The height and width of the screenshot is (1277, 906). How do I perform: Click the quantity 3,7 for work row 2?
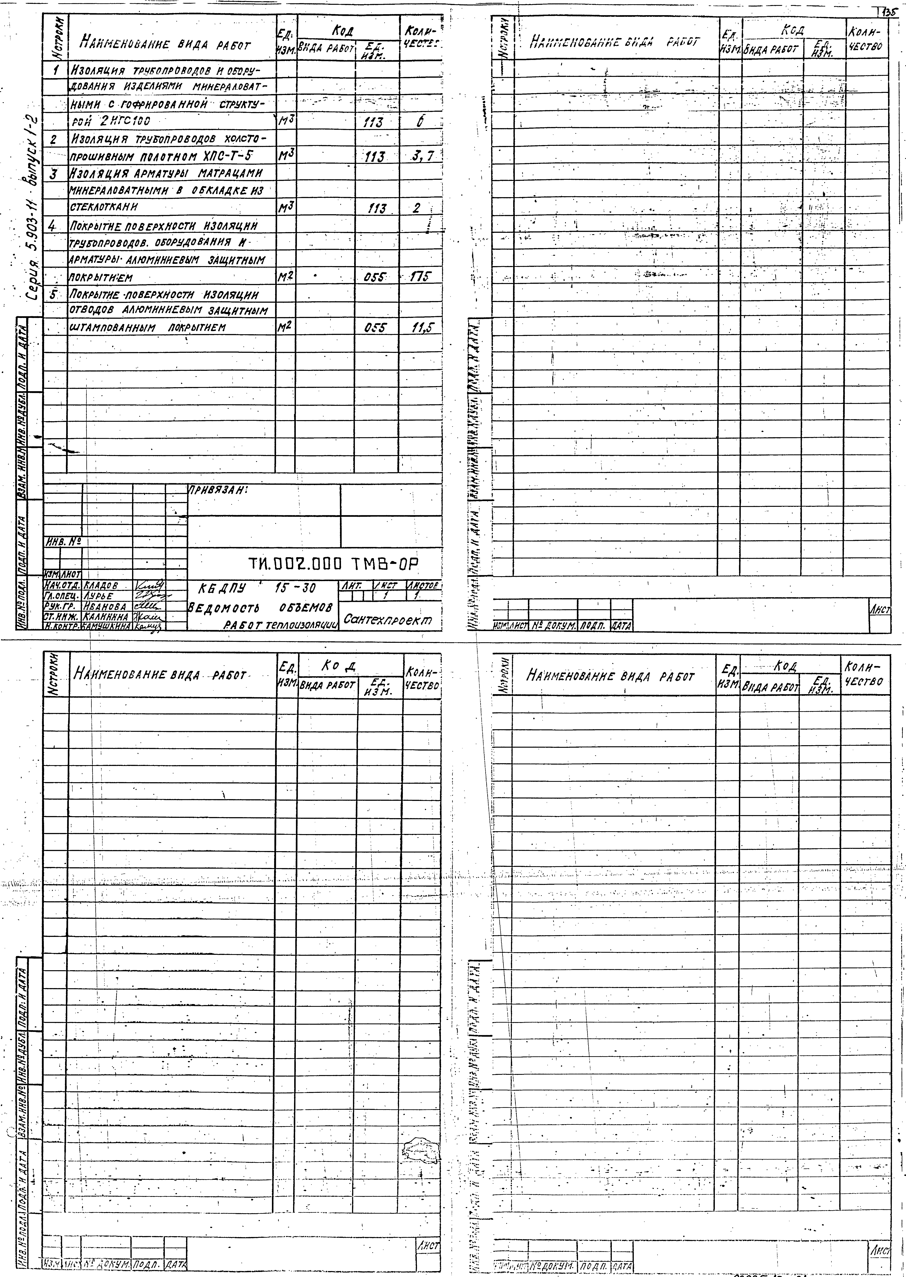pyautogui.click(x=423, y=157)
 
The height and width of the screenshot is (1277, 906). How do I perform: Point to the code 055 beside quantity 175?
pyautogui.click(x=374, y=277)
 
